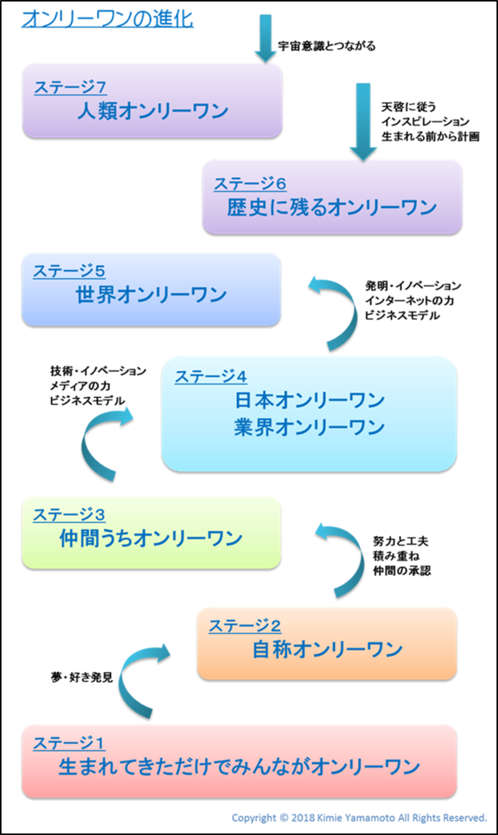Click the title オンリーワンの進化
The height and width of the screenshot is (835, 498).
(107, 19)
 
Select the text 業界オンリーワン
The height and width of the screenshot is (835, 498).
(309, 427)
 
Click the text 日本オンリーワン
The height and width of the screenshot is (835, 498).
(309, 401)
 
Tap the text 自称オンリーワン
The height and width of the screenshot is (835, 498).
(327, 650)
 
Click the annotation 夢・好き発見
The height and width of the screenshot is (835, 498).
(81, 677)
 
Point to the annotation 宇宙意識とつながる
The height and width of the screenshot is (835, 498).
(326, 46)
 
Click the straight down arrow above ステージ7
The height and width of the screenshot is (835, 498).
(265, 37)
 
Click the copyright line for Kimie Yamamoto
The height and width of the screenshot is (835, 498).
(359, 817)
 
